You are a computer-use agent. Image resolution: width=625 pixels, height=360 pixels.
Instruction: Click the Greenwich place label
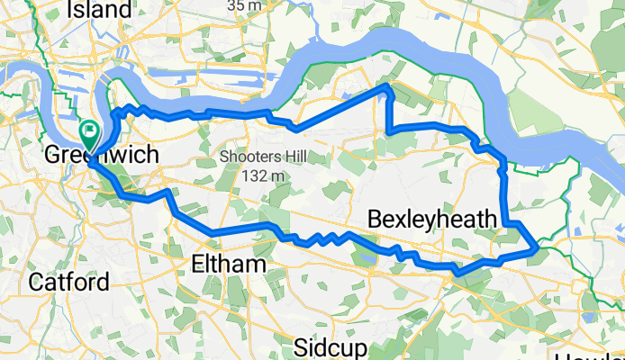coord(102,156)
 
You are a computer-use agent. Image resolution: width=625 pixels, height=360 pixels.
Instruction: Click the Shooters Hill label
coord(260,157)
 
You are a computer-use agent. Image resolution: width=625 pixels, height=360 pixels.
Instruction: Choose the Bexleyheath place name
coord(432,220)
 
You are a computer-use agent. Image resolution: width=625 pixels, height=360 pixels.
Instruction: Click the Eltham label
coord(230,264)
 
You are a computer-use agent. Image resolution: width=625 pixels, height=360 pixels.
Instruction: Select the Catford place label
coord(68,282)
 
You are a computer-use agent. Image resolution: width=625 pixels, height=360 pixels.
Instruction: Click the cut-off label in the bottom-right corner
coord(595,355)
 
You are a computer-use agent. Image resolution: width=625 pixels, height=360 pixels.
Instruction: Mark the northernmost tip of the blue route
coord(388,85)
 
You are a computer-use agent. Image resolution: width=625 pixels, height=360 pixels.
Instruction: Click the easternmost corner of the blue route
coord(537,246)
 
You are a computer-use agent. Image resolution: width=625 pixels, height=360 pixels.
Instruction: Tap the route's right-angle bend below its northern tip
coord(389,132)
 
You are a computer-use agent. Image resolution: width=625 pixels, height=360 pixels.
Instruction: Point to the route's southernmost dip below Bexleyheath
coord(457,271)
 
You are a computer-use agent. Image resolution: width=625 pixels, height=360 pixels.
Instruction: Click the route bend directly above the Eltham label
coord(214,234)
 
